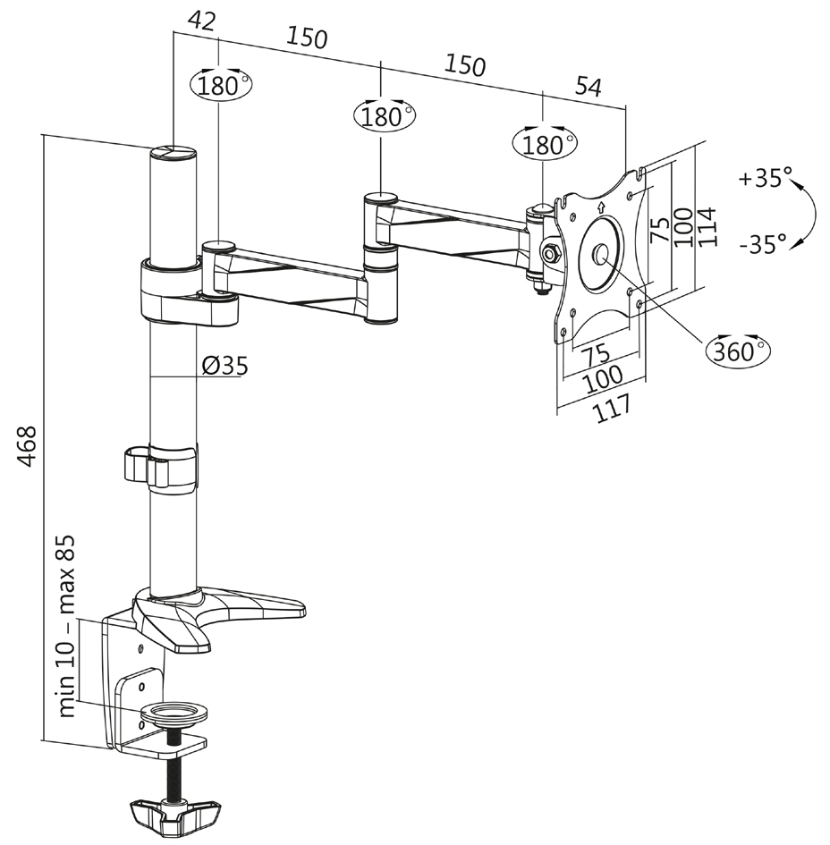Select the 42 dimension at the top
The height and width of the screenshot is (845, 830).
click(x=203, y=21)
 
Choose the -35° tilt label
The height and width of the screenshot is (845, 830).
click(x=763, y=242)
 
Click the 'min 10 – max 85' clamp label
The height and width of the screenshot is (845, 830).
click(x=66, y=627)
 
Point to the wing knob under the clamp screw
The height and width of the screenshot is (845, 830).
click(x=175, y=815)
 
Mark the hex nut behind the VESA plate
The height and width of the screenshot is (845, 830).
click(x=550, y=254)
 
